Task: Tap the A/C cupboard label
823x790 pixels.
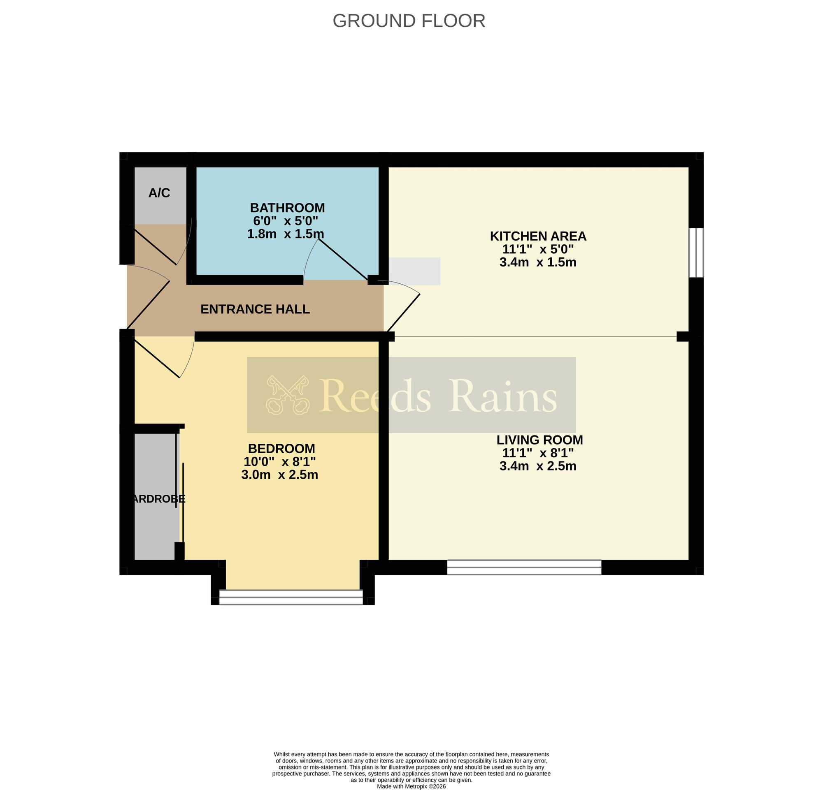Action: [x=159, y=193]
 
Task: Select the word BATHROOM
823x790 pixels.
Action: [x=287, y=208]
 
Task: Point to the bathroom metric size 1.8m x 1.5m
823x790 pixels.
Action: [x=285, y=234]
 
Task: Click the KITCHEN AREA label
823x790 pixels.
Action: [x=538, y=236]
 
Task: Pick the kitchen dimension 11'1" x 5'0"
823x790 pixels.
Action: [x=538, y=249]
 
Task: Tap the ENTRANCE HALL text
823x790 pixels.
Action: [x=255, y=309]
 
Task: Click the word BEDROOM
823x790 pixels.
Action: [x=281, y=449]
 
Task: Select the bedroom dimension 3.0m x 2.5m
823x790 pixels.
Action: [x=280, y=475]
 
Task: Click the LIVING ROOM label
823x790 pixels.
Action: [x=539, y=440]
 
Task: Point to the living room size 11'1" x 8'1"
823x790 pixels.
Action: [x=538, y=453]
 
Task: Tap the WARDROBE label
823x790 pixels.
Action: [x=158, y=499]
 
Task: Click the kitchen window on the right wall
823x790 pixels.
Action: [x=696, y=253]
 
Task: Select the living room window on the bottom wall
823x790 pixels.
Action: [x=524, y=567]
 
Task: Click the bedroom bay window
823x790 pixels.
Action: [x=291, y=597]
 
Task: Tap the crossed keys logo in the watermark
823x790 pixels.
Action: [x=288, y=395]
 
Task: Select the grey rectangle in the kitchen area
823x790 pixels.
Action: [x=414, y=271]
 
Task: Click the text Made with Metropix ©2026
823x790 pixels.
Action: [x=411, y=786]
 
